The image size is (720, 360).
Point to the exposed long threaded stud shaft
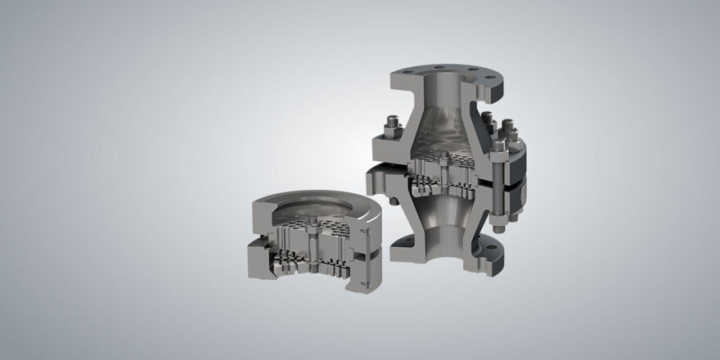[x=497, y=196]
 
